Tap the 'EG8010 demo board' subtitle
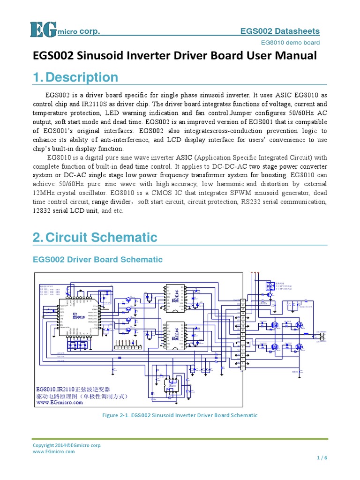pos(290,43)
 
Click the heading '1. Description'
pos(75,77)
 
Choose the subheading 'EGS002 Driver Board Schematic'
pos(97,259)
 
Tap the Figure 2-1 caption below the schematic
pos(180,415)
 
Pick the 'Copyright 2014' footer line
pos(67,445)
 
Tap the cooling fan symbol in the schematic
pos(269,286)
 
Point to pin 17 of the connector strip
pos(243,300)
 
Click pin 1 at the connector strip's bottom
pos(243,368)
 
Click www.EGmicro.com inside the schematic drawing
pos(60,402)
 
